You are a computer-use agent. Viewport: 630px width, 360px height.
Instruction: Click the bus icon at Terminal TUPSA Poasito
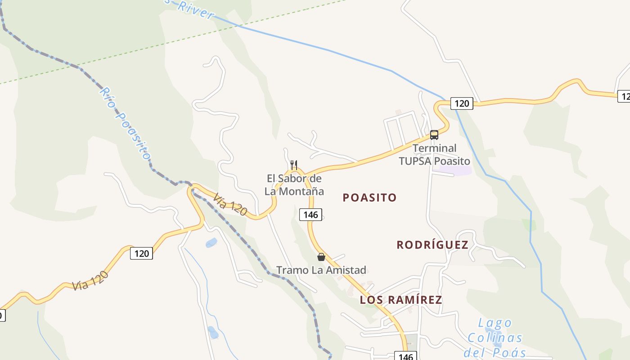coord(434,135)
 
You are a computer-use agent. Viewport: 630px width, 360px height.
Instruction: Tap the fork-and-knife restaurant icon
coord(293,165)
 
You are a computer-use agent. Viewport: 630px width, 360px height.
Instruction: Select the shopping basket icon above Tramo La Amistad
coord(321,257)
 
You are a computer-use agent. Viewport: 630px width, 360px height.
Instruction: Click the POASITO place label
coord(369,198)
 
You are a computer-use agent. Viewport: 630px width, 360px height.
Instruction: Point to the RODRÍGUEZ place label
coord(432,245)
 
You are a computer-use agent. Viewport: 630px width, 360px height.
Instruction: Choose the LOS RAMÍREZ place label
coord(401,300)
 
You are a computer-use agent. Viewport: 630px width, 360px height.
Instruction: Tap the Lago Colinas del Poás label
coord(495,337)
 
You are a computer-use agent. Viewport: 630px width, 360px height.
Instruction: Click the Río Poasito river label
coord(124,123)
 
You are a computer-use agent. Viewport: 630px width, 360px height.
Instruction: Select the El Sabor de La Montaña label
coord(294,184)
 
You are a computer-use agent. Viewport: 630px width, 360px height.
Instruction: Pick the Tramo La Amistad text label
coord(321,270)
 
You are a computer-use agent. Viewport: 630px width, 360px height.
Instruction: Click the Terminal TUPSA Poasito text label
coord(434,154)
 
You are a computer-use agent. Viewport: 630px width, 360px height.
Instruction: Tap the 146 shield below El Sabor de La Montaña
coord(310,215)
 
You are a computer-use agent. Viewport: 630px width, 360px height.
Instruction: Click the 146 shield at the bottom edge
coord(405,356)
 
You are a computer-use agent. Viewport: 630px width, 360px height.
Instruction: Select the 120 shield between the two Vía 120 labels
coord(141,253)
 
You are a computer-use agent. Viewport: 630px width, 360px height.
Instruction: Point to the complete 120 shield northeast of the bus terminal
coord(461,103)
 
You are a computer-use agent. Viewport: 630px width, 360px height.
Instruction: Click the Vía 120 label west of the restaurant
coord(230,204)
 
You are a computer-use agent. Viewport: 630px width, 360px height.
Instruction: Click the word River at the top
coord(196,10)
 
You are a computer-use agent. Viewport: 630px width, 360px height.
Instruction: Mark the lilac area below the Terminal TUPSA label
coord(455,171)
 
